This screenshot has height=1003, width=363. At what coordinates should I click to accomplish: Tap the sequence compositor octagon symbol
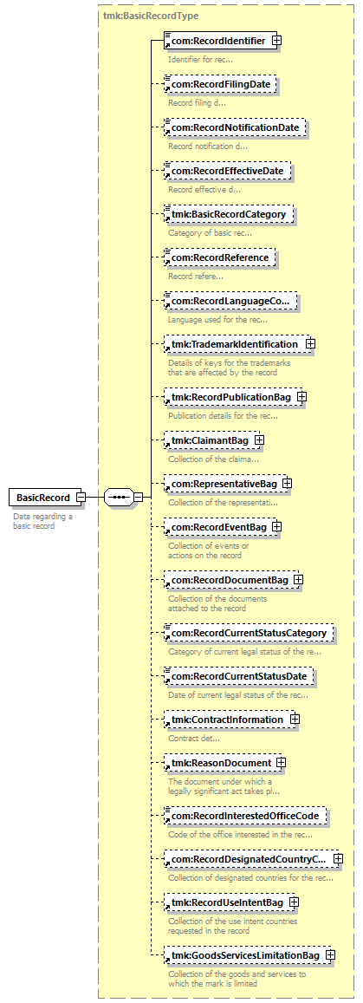(x=118, y=497)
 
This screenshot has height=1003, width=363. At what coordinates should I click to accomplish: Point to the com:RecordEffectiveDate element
(x=228, y=172)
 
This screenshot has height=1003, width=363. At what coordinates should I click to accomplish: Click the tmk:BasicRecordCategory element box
(x=228, y=214)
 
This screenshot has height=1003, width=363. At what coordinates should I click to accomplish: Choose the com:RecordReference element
(x=220, y=257)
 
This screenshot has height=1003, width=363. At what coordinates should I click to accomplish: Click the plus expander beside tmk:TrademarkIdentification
(x=311, y=344)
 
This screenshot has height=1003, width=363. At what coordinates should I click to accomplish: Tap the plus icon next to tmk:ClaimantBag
(x=259, y=440)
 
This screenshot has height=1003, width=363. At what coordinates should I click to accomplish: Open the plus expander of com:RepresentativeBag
(x=288, y=484)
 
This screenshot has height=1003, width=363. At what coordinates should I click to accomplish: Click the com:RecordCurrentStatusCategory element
(x=250, y=634)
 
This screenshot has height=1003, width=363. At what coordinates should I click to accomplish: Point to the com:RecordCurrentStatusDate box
(x=240, y=677)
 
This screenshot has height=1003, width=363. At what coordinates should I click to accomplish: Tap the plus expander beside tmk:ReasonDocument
(x=282, y=763)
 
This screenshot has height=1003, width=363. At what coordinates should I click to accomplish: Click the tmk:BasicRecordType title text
(x=150, y=16)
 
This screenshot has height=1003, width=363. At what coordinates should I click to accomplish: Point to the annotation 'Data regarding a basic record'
(x=42, y=521)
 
